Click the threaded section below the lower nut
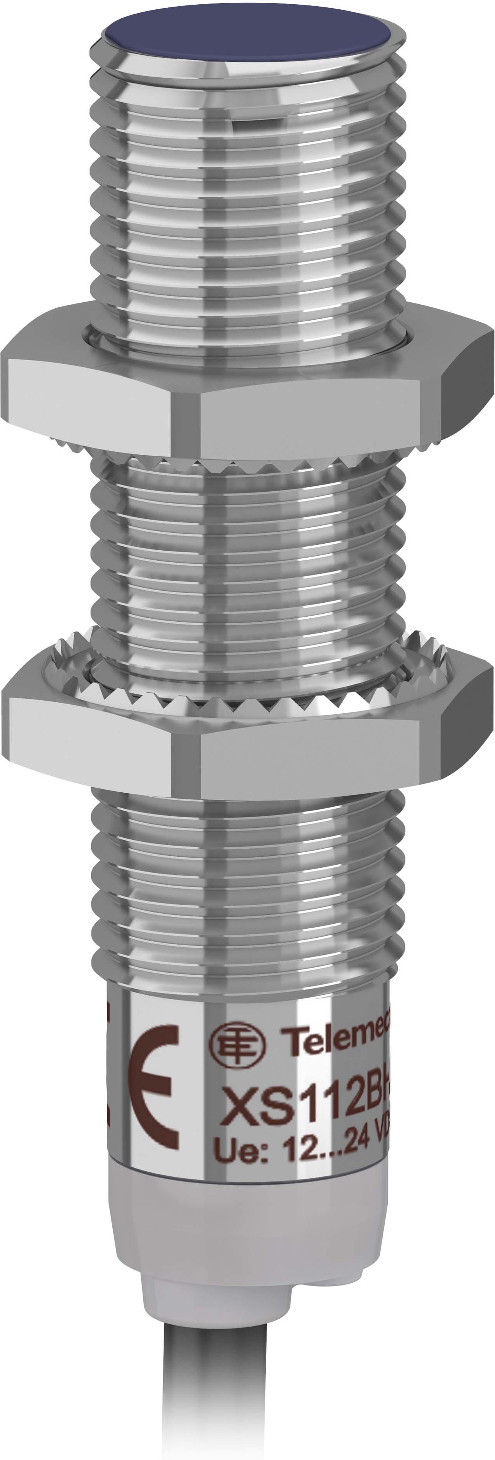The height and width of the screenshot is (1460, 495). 249,884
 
